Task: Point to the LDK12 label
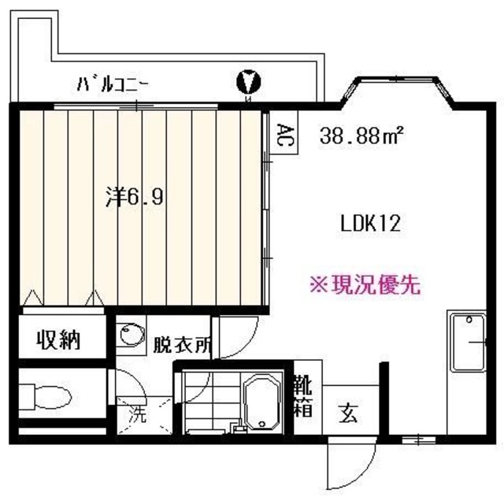(371, 224)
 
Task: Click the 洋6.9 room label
(135, 197)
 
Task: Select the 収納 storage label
(59, 340)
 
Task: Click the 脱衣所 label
(182, 345)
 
